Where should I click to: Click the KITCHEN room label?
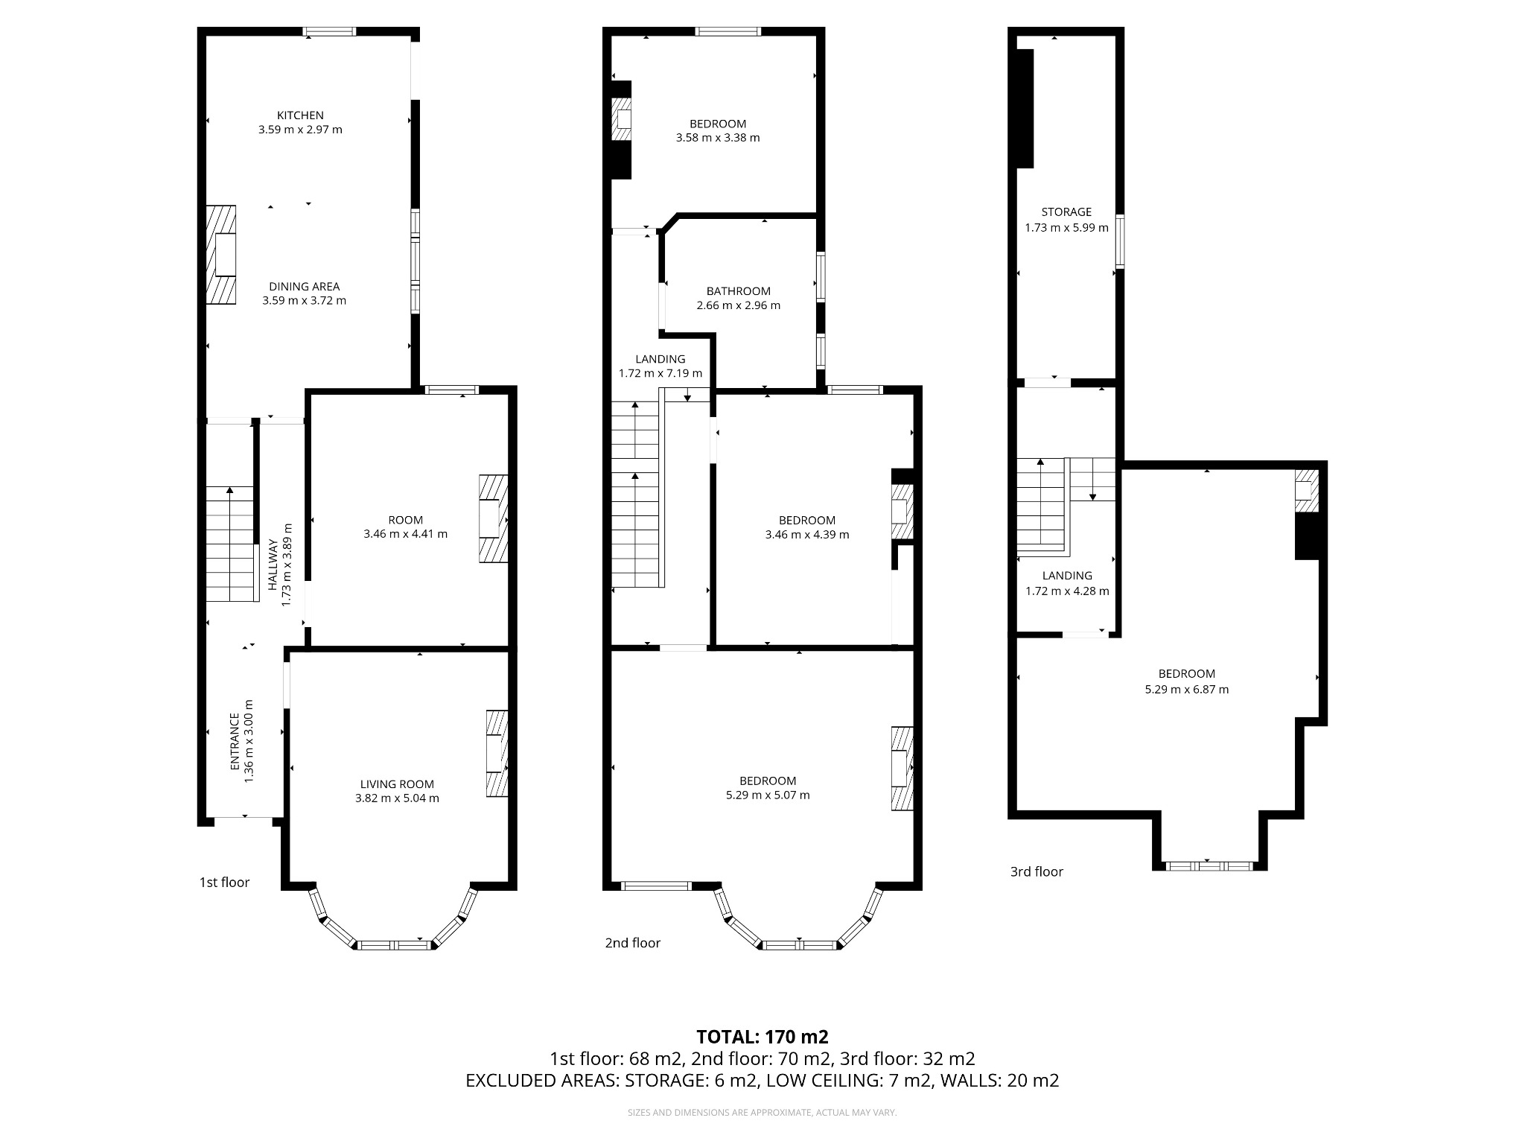click(300, 115)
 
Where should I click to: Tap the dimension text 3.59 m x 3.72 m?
click(304, 301)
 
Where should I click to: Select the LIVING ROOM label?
click(397, 784)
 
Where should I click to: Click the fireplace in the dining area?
click(222, 255)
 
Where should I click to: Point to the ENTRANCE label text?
click(235, 742)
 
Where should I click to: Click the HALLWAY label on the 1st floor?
click(273, 564)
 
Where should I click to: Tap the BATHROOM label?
click(738, 291)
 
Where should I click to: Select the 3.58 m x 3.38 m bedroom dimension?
click(718, 138)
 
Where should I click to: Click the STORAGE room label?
click(1066, 212)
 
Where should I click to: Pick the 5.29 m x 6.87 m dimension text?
click(1186, 690)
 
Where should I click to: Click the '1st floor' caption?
click(224, 883)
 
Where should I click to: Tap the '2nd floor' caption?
click(632, 943)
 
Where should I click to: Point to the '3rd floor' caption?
click(1037, 871)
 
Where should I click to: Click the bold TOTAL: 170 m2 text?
click(762, 1037)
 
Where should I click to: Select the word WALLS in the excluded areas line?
click(970, 1081)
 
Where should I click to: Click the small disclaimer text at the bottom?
click(762, 1113)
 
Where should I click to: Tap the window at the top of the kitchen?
click(329, 31)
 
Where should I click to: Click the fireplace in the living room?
click(497, 754)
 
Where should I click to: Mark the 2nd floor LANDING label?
click(660, 359)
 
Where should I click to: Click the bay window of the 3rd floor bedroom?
click(1209, 866)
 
